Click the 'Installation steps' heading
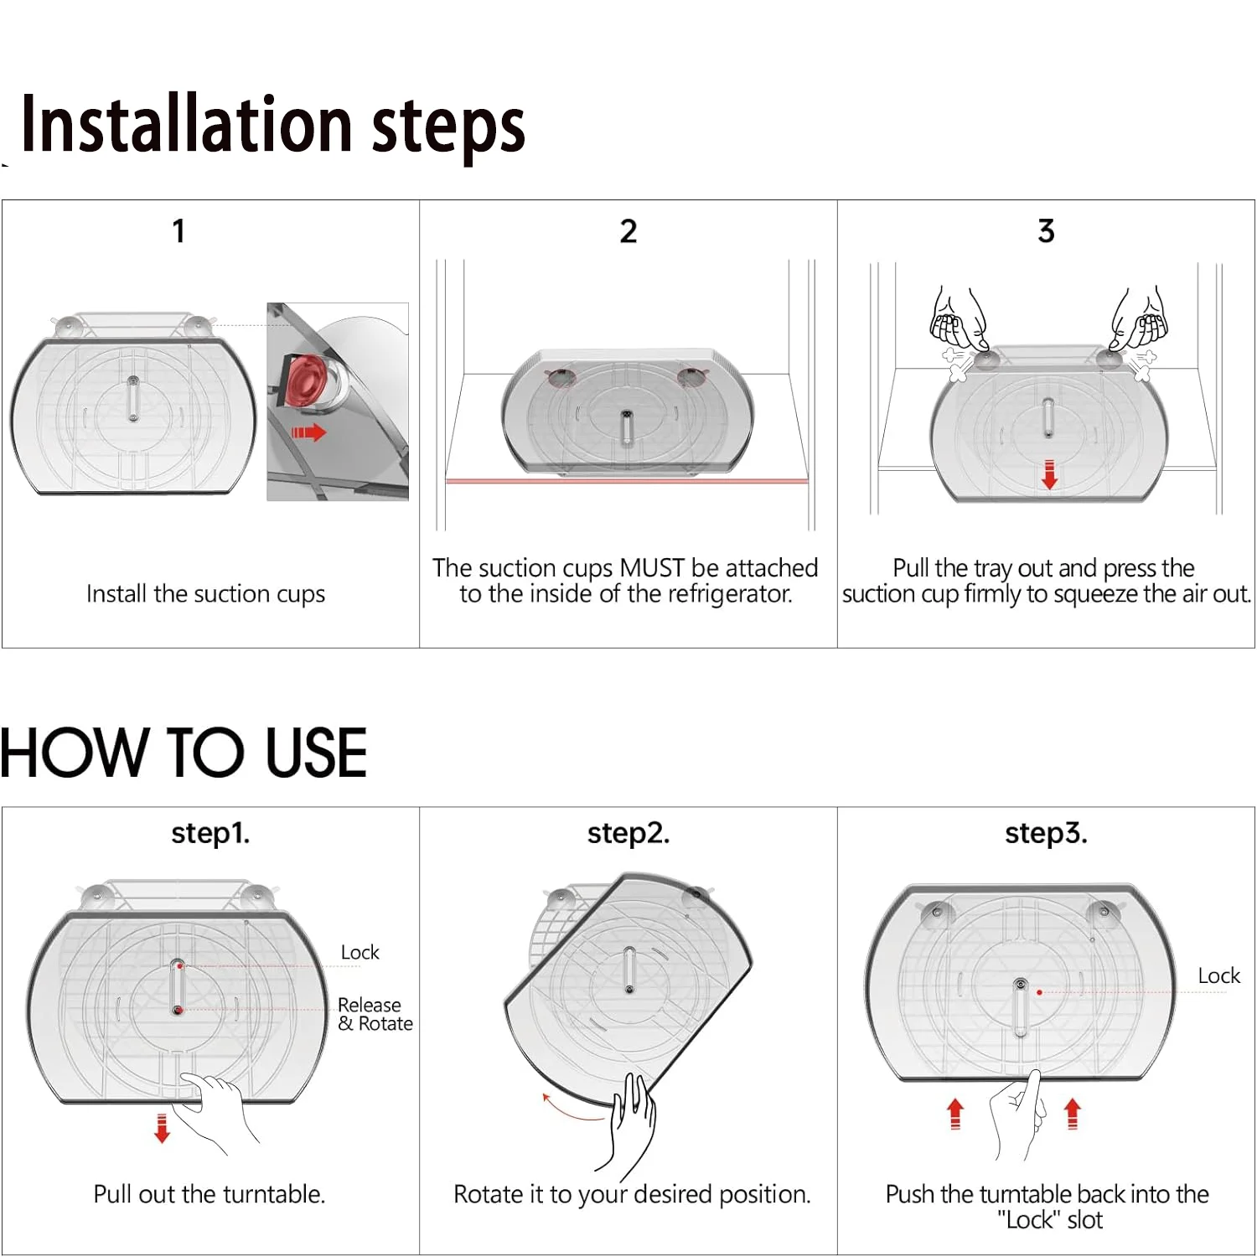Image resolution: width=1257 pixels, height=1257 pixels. click(x=273, y=126)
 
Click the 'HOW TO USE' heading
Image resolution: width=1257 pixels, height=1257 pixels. click(x=184, y=752)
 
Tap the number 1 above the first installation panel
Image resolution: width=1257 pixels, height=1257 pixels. click(x=178, y=230)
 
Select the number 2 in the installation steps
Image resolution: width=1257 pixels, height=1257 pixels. click(x=628, y=230)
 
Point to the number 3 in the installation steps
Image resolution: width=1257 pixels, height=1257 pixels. click(x=1046, y=230)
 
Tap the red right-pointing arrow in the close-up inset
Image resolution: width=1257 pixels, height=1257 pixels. click(x=308, y=432)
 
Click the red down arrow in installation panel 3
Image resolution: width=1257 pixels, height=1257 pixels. click(x=1049, y=474)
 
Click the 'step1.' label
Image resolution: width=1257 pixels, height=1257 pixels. click(x=210, y=834)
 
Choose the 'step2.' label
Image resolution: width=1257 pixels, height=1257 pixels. click(x=628, y=834)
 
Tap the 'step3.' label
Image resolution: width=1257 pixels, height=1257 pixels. click(x=1046, y=834)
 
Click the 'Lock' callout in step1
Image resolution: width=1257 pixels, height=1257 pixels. click(x=360, y=952)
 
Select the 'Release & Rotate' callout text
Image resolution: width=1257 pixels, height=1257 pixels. click(x=375, y=1014)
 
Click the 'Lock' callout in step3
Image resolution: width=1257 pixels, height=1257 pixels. click(x=1219, y=975)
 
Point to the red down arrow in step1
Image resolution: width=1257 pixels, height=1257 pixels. click(x=162, y=1129)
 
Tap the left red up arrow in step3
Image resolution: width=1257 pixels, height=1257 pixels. click(x=954, y=1115)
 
